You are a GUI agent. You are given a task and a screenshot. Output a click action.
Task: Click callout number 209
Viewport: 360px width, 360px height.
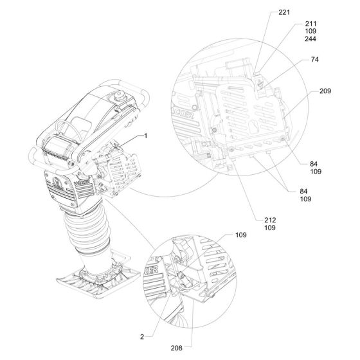point(325,91)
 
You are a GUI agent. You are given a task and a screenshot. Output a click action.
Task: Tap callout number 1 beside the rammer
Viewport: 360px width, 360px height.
point(145,136)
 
